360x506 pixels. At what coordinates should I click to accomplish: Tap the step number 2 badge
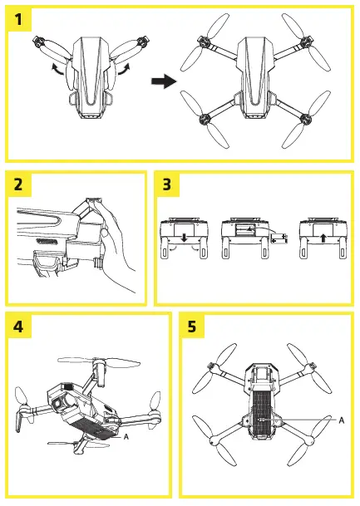coord(22,185)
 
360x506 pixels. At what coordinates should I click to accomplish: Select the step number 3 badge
coord(170,185)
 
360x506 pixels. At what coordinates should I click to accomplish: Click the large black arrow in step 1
coord(164,81)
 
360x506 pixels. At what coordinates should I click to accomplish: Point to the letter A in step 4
coord(126,434)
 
